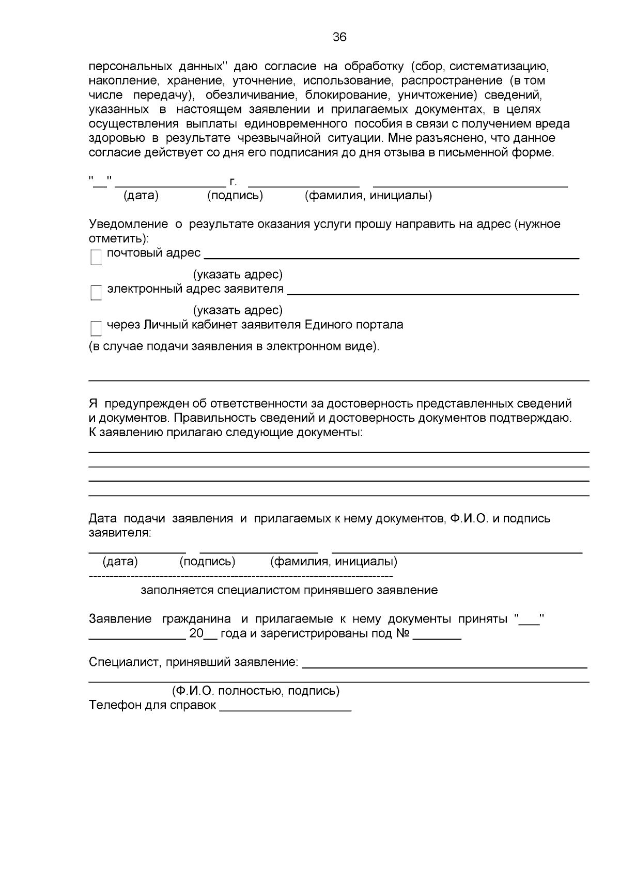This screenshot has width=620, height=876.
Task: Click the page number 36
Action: tap(339, 37)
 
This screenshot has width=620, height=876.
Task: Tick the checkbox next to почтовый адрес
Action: tap(96, 257)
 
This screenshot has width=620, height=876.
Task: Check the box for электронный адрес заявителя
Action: tap(96, 293)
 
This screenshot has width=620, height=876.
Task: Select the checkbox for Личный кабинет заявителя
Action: tap(96, 329)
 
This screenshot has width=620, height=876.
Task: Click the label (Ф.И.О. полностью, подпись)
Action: tap(256, 691)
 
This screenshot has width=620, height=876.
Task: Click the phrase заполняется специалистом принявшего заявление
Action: tap(289, 590)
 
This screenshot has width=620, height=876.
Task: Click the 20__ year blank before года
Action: tap(204, 634)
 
